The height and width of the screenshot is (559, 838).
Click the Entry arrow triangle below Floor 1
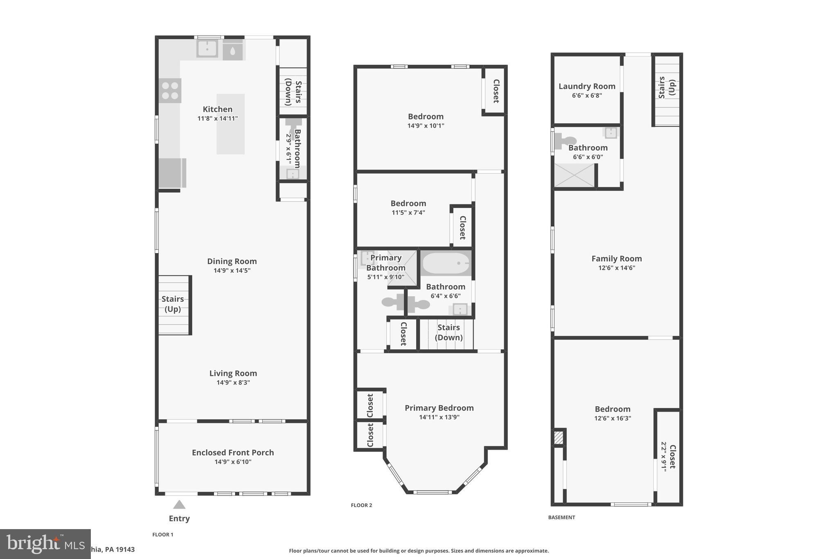click(179, 505)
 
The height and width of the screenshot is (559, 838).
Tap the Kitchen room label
click(218, 109)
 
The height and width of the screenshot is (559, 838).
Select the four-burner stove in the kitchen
click(170, 91)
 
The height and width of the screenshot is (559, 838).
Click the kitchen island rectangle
click(230, 135)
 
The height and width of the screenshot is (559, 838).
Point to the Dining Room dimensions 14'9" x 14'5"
click(232, 271)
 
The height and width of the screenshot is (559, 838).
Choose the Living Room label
click(233, 373)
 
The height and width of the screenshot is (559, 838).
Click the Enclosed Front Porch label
click(233, 453)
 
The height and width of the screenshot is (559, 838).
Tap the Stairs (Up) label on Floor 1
click(173, 304)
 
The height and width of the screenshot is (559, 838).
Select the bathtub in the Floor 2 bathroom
click(446, 263)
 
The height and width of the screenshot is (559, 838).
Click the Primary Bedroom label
click(439, 408)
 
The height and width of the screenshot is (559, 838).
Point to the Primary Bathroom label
click(386, 263)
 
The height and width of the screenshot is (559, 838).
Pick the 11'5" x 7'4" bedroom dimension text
click(408, 213)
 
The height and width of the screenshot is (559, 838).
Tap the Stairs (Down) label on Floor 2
click(448, 332)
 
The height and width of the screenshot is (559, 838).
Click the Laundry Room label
click(587, 86)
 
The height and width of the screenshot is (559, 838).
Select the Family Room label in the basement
click(617, 258)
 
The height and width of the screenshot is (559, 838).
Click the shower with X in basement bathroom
click(574, 175)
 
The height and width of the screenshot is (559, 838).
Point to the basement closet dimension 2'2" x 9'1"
click(664, 457)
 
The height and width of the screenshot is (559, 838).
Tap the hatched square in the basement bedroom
click(559, 438)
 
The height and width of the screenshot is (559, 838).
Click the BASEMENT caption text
click(561, 517)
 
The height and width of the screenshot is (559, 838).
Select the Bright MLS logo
click(45, 543)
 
